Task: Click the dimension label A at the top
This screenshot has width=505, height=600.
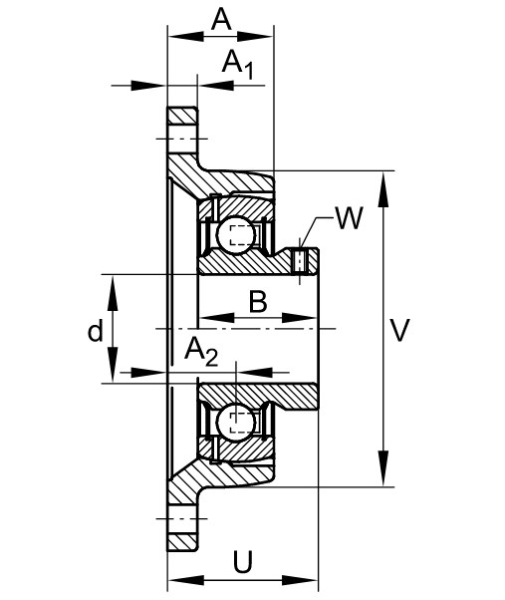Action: [x=221, y=20]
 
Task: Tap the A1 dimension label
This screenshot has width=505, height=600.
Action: [x=237, y=64]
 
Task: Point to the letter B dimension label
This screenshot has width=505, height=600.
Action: [x=258, y=302]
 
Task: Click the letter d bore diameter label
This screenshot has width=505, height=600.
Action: [x=96, y=331]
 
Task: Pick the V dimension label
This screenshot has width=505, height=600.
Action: [x=400, y=330]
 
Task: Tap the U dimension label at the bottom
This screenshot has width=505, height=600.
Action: [x=243, y=562]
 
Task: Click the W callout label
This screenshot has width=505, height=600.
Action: [x=349, y=218]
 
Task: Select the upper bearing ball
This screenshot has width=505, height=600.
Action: [x=236, y=234]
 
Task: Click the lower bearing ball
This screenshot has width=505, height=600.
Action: [x=236, y=423]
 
